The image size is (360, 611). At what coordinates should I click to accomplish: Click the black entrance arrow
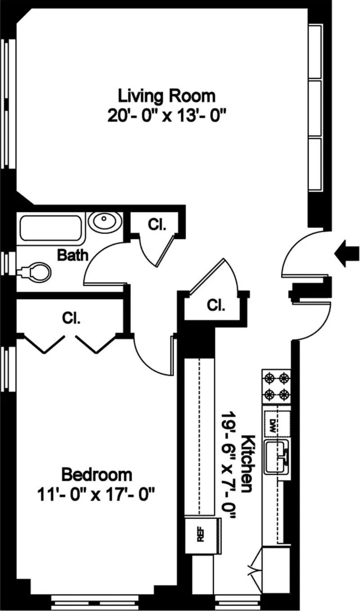tap(347, 254)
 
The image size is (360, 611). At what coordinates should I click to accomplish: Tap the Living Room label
tap(166, 96)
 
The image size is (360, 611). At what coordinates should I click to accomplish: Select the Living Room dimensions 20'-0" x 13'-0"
tap(166, 116)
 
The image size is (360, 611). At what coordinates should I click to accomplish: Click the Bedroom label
tap(97, 474)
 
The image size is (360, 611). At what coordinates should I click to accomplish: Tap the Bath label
tap(72, 256)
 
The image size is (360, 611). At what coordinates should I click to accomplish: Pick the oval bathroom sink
tap(104, 221)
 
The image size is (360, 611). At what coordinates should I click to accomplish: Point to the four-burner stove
tap(276, 386)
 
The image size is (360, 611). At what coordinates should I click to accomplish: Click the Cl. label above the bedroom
tap(71, 319)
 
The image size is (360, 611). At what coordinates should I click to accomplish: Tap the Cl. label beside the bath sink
tap(157, 225)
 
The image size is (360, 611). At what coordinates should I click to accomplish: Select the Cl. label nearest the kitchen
tap(216, 305)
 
